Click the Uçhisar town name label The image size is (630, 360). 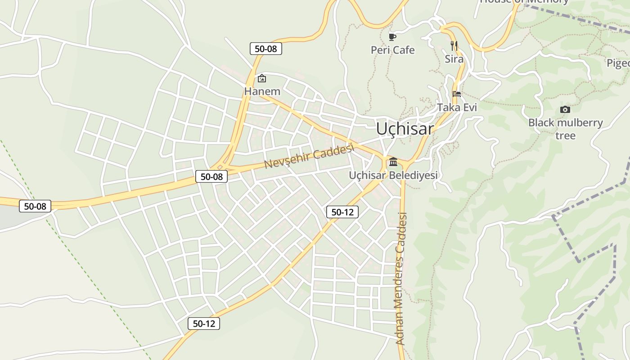pos(405,129)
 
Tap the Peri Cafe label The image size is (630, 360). pos(392,50)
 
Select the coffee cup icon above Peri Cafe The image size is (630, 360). pos(392,36)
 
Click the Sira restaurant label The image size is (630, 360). pos(454,59)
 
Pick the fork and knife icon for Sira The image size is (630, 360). pos(454,45)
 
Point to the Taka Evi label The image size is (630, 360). pos(457,108)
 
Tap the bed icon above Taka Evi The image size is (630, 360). pos(457,94)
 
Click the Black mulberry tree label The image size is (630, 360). pos(565,129)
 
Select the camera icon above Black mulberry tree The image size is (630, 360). pos(565,109)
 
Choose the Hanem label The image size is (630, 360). pos(262,91)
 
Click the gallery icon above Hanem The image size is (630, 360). pos(262,78)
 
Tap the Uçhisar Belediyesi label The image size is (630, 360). pos(393,175)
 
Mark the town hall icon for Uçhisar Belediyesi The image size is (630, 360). pos(393,162)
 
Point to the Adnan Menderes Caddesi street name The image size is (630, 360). pos(401,279)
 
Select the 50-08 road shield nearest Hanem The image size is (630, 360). pos(265,49)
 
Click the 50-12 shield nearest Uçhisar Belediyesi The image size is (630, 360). pos(342,212)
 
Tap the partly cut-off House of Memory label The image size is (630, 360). pos(524,2)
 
